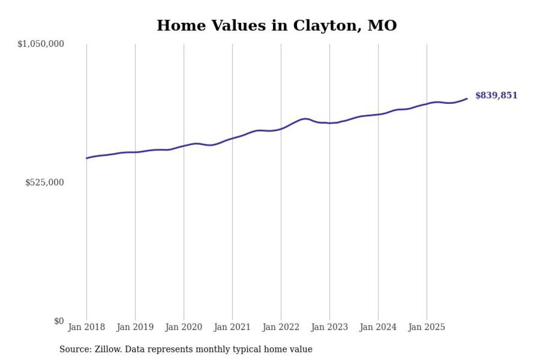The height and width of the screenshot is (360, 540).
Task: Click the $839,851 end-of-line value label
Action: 496,96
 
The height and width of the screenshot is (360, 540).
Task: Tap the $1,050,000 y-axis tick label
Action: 40,44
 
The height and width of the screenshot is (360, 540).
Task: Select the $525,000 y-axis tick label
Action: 44,182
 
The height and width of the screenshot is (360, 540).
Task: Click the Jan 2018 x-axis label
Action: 86,327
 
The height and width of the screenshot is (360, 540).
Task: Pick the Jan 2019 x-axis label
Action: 135,327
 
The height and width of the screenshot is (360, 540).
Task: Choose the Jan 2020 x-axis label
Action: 184,327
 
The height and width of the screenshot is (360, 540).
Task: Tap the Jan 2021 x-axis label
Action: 232,327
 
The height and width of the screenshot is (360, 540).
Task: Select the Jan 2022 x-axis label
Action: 281,327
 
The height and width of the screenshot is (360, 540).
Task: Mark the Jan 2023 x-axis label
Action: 329,327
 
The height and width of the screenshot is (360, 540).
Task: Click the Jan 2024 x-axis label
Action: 378,327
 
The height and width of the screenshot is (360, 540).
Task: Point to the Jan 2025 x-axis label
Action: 427,327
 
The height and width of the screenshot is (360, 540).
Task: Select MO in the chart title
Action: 382,26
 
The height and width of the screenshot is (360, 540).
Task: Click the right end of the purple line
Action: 467,98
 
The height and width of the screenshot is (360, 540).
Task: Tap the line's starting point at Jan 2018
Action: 86,158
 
